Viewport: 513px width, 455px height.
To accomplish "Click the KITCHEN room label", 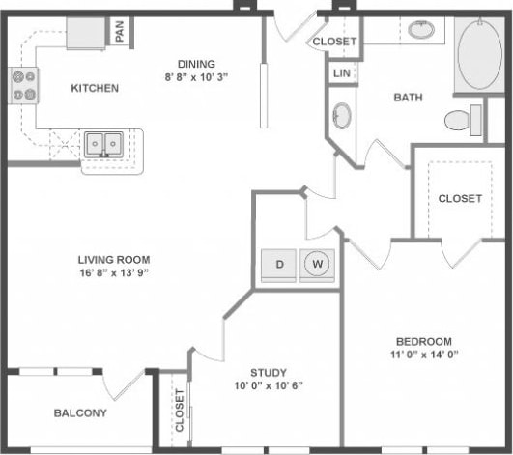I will point(95,88).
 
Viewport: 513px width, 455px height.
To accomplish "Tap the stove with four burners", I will point(23,87).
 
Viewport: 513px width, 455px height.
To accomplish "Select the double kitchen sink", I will point(103,145).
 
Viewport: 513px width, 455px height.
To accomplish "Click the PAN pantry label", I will point(119,33).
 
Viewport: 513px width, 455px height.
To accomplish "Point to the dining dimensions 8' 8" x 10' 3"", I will point(202,74).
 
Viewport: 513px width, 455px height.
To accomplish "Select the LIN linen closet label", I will point(341,73).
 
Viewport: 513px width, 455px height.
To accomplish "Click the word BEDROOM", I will point(423,342).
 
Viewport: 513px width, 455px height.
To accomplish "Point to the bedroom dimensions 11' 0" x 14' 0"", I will point(423,355).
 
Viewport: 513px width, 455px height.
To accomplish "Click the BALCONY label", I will point(80,413).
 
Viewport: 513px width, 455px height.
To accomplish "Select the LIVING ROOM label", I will point(114,258).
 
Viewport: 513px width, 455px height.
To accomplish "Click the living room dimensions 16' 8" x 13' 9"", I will point(114,272).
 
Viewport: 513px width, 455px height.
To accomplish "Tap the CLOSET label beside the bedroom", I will point(459,198).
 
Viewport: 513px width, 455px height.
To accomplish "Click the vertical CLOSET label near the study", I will point(180,411).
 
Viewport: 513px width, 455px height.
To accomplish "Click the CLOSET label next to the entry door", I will point(334,42).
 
